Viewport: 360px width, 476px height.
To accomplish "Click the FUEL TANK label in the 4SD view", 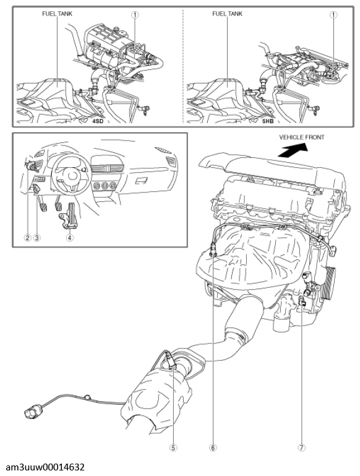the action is click(57, 14).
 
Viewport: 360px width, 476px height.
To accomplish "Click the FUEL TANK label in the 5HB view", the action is click(227, 14).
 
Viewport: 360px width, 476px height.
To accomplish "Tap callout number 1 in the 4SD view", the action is click(135, 14).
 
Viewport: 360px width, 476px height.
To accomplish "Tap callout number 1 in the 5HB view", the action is click(333, 14).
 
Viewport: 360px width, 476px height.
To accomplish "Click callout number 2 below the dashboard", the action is click(28, 238).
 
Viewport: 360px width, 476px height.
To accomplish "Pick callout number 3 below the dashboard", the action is click(36, 238).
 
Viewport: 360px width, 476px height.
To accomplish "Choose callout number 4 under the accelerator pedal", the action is click(69, 238).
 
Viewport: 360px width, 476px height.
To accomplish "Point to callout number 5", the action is click(173, 447).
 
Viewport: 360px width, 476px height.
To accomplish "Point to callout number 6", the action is click(213, 447).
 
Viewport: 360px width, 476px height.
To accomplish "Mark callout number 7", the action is click(301, 447).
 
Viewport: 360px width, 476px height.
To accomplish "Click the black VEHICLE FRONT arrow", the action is click(293, 150).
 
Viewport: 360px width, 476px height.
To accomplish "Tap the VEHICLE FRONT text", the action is click(301, 137).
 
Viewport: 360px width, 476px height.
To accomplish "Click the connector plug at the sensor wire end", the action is click(33, 413).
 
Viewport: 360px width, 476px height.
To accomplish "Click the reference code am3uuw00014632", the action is click(46, 467).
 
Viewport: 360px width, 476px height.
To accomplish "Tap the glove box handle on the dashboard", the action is click(140, 181).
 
